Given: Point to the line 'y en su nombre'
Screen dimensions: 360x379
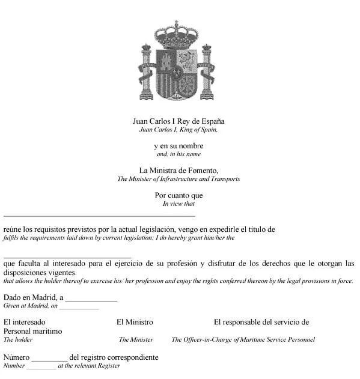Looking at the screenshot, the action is click(x=178, y=146).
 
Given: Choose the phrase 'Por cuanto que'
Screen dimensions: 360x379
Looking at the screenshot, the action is click(x=178, y=195).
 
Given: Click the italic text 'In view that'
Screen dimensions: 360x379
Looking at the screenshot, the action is click(x=178, y=204).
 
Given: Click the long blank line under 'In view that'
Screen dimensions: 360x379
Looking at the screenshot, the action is click(x=99, y=215).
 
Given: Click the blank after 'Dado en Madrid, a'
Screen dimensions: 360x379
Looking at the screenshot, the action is click(x=91, y=300).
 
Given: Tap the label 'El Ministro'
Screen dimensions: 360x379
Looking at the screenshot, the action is click(x=135, y=322).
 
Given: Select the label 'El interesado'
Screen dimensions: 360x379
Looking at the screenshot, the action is click(x=24, y=322).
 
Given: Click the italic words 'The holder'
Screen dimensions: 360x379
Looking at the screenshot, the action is click(x=18, y=339).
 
